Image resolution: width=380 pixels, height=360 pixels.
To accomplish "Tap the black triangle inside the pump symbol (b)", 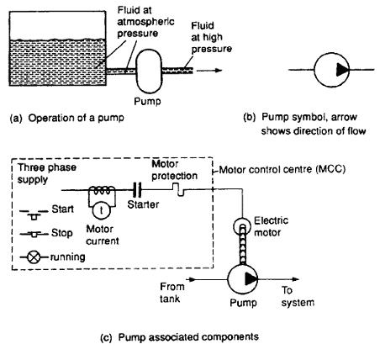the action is pos(342,70).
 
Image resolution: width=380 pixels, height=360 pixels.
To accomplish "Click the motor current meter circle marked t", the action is pos(101,210).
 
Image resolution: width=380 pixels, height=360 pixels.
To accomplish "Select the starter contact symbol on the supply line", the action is pos(137,190).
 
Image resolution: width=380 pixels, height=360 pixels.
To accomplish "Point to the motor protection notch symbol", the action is pos(178,189).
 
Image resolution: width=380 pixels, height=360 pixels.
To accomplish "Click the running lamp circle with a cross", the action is pos(34,257).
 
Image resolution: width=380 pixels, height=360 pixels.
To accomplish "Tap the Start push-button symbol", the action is pos(34,214).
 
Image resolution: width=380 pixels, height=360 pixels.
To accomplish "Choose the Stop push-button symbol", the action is pos(34,234).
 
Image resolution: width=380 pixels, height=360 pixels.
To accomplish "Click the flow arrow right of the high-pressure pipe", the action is pos(209,71).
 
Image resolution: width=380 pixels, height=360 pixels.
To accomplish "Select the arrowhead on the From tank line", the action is pos(191,279).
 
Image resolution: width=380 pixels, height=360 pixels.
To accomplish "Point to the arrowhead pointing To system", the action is pos(295,279).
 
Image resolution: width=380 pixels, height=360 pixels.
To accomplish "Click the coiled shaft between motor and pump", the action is pos(243,245).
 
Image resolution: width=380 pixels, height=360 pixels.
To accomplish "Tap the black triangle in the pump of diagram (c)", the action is pos(251,279).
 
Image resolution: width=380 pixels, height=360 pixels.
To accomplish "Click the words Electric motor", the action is pos(271,226).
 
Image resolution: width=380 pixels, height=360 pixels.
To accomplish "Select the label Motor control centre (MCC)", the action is pos(282,169).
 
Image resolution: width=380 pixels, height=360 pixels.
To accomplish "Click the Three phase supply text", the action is pos(47,173).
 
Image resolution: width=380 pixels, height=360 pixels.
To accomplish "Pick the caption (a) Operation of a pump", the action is pos(66,118).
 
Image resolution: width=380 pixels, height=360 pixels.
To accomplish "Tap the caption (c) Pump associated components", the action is pos(179,336).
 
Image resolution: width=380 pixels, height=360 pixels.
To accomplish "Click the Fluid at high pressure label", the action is pos(211,37).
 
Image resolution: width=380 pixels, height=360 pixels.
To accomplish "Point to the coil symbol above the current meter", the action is pos(102,191).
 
